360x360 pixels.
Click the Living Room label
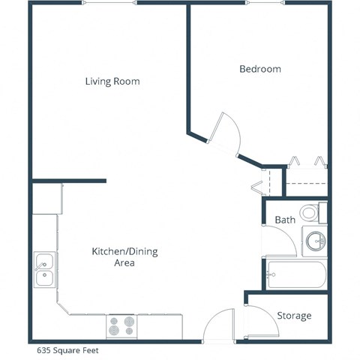(x=112, y=81)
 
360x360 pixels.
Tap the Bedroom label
(x=259, y=69)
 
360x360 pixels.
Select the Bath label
(x=285, y=220)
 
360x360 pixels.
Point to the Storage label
(x=294, y=316)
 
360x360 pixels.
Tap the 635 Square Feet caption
(x=67, y=349)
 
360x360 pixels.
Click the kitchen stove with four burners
(x=121, y=326)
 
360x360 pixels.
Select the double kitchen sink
(x=43, y=270)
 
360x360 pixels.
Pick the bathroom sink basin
(x=316, y=241)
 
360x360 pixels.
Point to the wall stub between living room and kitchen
(x=69, y=181)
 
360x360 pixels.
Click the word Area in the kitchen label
(x=124, y=264)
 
